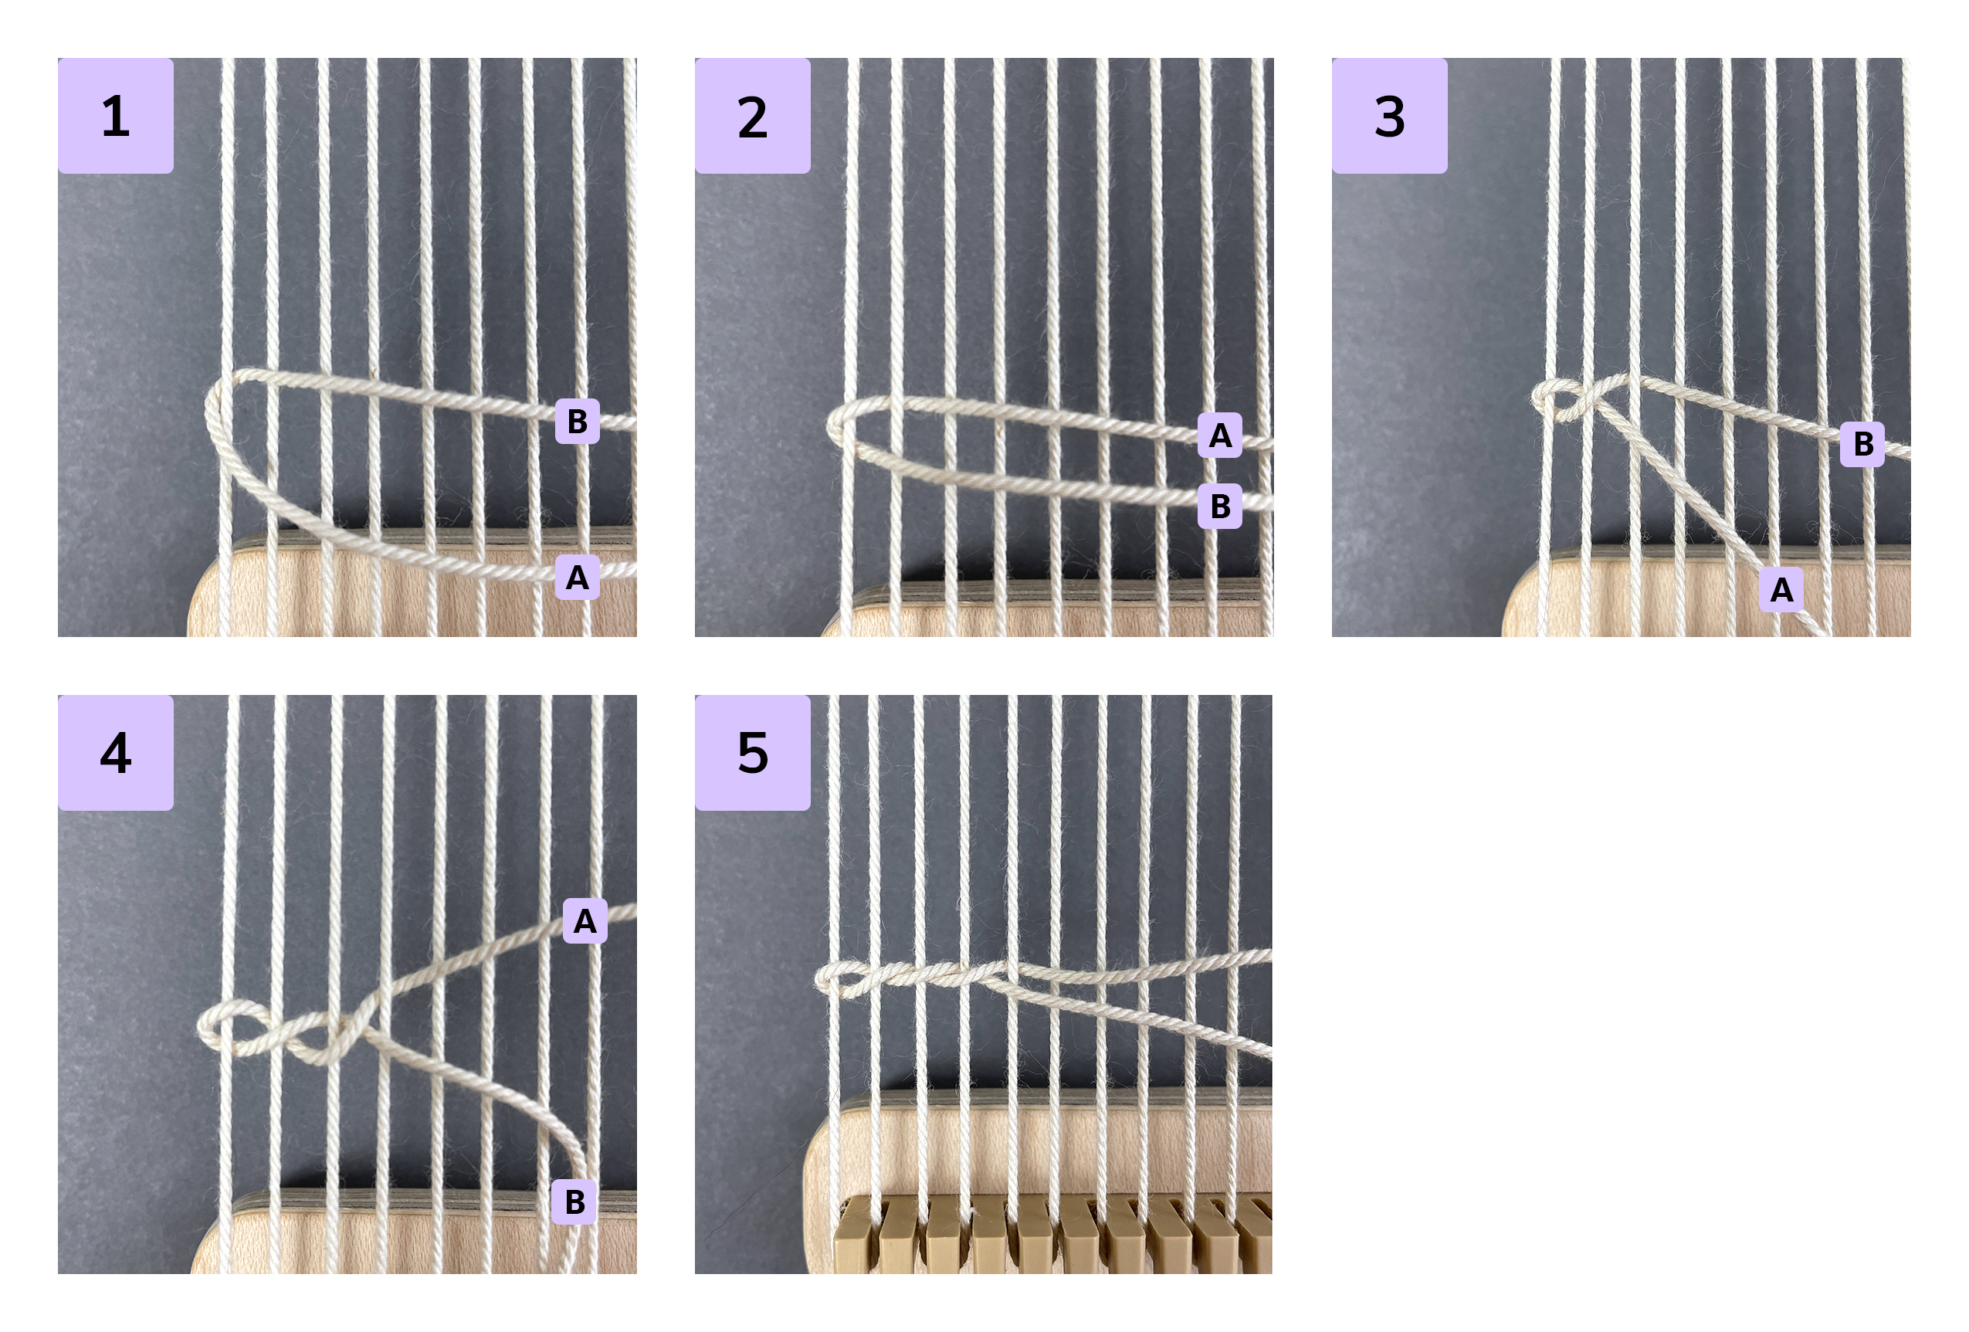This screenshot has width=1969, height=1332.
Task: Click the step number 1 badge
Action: (115, 116)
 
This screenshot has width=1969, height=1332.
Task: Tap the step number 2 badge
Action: (752, 116)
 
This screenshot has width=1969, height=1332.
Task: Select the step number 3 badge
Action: (1389, 116)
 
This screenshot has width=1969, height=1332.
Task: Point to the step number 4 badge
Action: (115, 752)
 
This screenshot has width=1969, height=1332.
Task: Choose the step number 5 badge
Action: (752, 752)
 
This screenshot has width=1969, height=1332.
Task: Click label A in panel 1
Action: (577, 577)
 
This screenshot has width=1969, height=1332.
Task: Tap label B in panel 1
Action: (577, 421)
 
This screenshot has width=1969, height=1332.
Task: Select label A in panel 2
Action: (1220, 436)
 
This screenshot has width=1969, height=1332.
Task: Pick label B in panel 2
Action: (1220, 506)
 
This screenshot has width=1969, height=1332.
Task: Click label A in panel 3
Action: (1781, 590)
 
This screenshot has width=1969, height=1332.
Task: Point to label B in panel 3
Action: (1863, 444)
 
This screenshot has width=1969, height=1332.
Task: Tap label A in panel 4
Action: (585, 921)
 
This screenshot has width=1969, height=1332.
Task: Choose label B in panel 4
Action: (574, 1202)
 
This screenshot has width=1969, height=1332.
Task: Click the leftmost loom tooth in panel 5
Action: (855, 1234)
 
